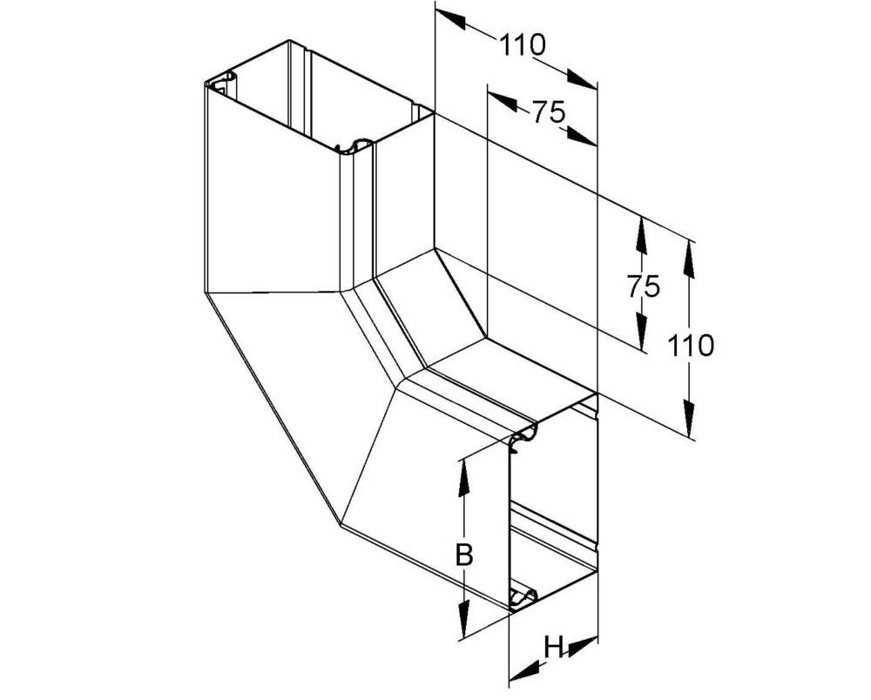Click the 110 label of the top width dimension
pos(523,45)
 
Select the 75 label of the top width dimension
pos(549,112)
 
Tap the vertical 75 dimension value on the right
pos(644,286)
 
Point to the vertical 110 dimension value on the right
pos(691,346)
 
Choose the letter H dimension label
pos(554,647)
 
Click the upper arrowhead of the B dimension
pos(463,477)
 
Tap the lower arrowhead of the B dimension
pos(463,620)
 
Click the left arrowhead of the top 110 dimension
pos(450,17)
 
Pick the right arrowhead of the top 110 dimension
pos(582,78)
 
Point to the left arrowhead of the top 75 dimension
pos(503,98)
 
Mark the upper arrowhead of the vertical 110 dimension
pos(689,258)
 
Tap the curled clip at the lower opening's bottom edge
pos(523,596)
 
